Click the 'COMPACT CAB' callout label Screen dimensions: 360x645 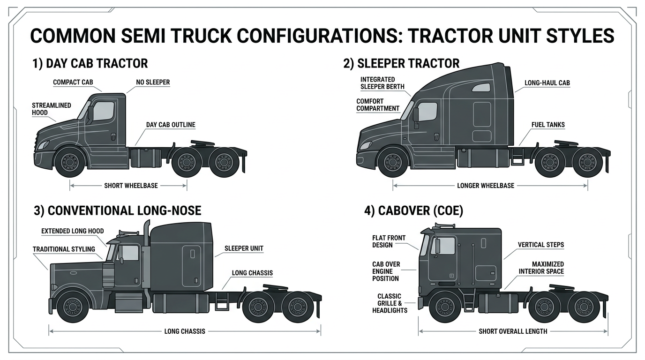tap(73, 82)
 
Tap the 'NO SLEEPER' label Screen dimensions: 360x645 tap(153, 82)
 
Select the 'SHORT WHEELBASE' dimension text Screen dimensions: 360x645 tap(131, 186)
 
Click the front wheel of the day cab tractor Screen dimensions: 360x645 tap(69, 162)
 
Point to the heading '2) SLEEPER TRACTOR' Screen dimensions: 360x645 tap(401, 63)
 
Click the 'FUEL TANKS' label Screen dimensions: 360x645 tap(548, 125)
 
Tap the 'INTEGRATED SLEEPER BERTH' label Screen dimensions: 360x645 tap(382, 83)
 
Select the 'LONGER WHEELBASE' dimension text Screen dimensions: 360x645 tap(486, 186)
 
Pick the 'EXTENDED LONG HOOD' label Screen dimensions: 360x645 tap(73, 231)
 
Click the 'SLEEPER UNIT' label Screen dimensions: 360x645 tap(244, 248)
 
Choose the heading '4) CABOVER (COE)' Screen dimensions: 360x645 tap(413, 211)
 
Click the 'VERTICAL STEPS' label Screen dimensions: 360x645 tap(541, 245)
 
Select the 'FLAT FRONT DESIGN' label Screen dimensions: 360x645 tap(389, 241)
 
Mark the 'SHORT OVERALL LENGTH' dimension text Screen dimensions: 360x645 tap(513, 331)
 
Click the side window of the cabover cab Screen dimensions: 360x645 tap(445, 246)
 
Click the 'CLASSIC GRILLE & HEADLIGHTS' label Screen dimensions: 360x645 tap(390, 303)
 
